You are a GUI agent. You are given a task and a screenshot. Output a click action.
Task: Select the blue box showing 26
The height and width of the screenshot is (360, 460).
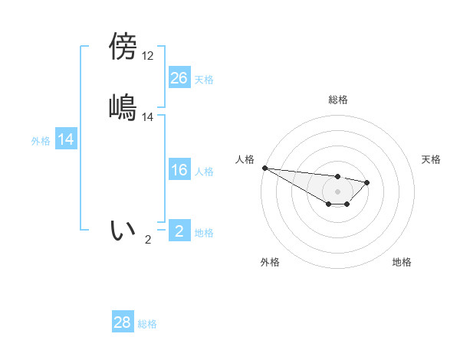[x=179, y=78]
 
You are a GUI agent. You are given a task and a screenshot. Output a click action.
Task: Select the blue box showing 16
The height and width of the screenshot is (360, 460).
[x=179, y=171]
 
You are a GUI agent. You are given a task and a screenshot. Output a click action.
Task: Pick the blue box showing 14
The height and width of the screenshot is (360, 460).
[x=66, y=140]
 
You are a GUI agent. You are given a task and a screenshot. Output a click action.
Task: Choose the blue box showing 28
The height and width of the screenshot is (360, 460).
[x=123, y=323]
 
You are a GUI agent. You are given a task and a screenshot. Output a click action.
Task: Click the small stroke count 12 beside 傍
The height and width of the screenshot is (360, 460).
[x=147, y=55]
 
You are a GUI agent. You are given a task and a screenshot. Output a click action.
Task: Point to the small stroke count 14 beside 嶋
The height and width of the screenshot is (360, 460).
[x=148, y=117]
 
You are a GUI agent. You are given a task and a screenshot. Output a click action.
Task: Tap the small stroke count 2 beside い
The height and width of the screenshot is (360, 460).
[x=148, y=240]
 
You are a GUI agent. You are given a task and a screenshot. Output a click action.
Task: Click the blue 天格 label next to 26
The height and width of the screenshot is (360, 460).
[x=204, y=80]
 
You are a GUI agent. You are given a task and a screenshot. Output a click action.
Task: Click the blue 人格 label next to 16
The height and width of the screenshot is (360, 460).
[x=204, y=172]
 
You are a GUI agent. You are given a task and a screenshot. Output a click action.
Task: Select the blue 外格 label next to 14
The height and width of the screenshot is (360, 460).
[x=41, y=141]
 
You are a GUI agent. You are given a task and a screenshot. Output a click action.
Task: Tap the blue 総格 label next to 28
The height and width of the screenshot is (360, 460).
[x=147, y=324]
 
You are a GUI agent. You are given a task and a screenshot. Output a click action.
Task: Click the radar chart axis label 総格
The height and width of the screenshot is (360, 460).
[x=338, y=100]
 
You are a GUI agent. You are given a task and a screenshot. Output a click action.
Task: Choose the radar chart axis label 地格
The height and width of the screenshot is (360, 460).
[x=402, y=262]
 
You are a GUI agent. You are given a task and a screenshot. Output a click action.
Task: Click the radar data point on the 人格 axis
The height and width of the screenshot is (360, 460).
[x=264, y=168]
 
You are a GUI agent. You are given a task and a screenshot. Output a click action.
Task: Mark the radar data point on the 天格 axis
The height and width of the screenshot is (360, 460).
[x=367, y=182]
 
